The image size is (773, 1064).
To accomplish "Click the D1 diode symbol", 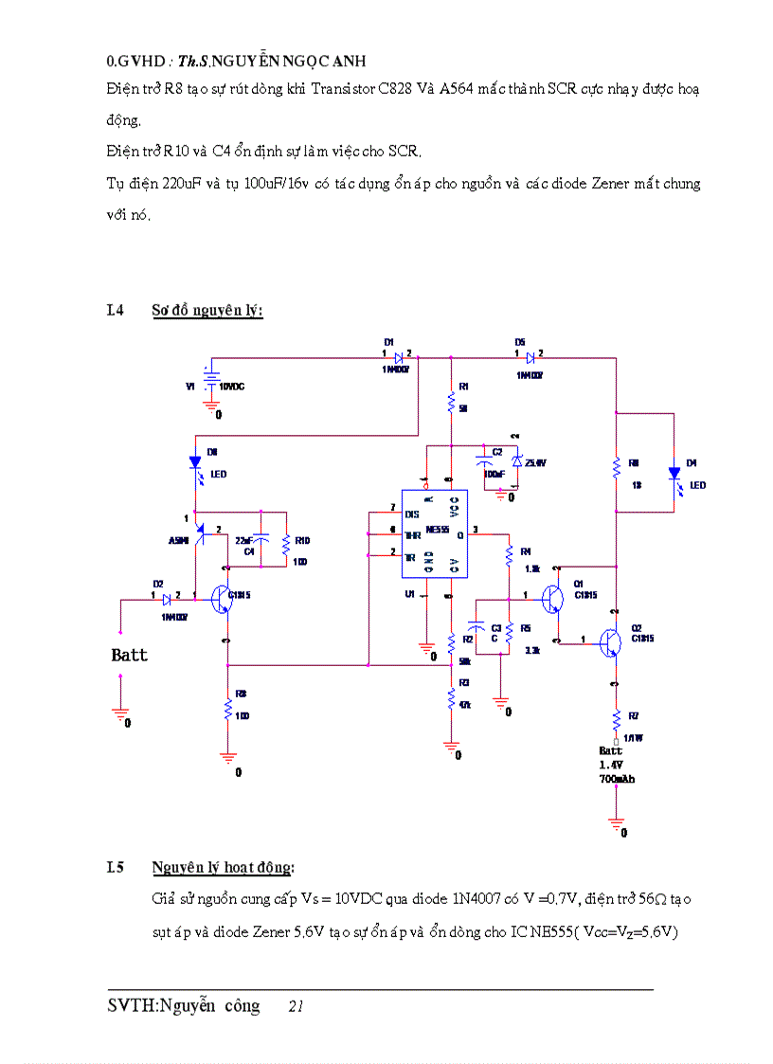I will pyautogui.click(x=400, y=358).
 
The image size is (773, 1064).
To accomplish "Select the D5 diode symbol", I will pyautogui.click(x=530, y=358).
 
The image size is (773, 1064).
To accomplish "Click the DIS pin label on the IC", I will pyautogui.click(x=411, y=514).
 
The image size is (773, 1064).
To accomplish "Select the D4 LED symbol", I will pyautogui.click(x=674, y=472).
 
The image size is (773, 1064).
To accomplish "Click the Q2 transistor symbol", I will pyautogui.click(x=610, y=643).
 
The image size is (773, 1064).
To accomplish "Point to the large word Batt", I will pyautogui.click(x=130, y=655).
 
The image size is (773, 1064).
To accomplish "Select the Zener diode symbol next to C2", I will pyautogui.click(x=516, y=461).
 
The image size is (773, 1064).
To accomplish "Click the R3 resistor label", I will pyautogui.click(x=464, y=682).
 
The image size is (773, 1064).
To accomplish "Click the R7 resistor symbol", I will pyautogui.click(x=617, y=716).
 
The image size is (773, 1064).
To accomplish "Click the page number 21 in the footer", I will pyautogui.click(x=296, y=1007).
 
